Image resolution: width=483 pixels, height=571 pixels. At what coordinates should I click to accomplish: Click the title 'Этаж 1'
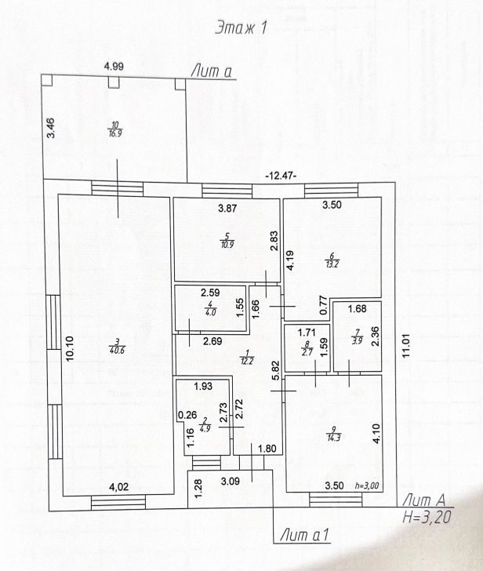(241, 28)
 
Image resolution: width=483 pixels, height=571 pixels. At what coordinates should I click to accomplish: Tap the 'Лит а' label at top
(212, 72)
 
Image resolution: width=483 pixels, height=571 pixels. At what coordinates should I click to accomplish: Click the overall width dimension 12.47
(281, 175)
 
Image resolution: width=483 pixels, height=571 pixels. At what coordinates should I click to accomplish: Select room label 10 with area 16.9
(115, 128)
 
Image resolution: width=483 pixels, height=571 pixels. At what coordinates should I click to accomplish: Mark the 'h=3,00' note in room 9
(367, 486)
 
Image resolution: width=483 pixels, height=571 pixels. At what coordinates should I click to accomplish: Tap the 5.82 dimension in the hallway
(274, 370)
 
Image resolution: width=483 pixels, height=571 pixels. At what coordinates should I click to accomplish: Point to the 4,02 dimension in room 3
(118, 487)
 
